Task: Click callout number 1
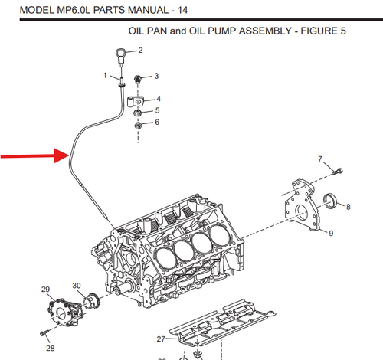105,75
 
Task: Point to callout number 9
332,233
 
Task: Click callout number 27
161,338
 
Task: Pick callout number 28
50,348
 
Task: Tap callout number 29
45,289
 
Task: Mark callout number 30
77,286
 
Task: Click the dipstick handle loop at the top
121,56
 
